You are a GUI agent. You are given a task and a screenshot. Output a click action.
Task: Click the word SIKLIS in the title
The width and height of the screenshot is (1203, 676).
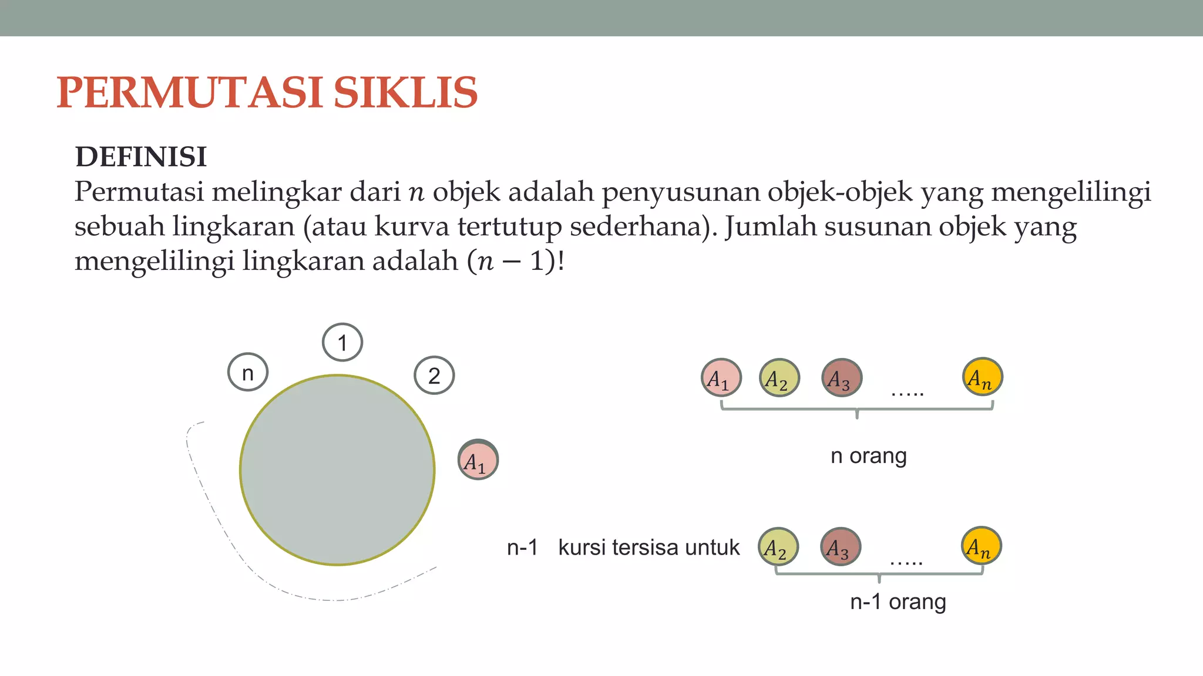[405, 93]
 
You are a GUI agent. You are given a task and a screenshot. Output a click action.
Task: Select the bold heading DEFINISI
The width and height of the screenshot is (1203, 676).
[141, 157]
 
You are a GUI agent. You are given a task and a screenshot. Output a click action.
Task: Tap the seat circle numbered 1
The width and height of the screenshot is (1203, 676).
[342, 342]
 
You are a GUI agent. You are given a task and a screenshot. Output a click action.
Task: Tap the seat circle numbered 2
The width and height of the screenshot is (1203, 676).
[434, 376]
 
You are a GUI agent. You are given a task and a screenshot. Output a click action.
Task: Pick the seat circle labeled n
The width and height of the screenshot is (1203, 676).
[248, 373]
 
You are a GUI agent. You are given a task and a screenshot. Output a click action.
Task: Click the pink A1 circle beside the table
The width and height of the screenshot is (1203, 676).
[478, 460]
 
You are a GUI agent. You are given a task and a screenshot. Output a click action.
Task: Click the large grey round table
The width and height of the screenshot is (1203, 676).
[337, 470]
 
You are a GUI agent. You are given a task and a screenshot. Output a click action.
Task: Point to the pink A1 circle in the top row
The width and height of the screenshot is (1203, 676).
[721, 377]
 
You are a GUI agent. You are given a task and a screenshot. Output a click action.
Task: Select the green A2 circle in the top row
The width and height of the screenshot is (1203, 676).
[779, 378]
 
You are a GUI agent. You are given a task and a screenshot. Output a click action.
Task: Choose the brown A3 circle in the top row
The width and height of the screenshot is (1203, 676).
[842, 378]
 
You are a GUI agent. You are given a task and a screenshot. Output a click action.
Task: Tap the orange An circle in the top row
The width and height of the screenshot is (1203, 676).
[982, 377]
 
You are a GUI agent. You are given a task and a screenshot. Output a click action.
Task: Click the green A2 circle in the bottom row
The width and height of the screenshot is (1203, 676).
[778, 547]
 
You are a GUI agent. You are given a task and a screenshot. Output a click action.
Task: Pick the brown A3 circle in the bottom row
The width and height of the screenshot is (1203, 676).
[841, 547]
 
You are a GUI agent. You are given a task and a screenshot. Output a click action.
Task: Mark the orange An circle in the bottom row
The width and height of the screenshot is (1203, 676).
[981, 546]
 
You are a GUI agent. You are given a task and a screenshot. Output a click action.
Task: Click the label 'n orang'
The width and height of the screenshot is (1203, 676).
[868, 456]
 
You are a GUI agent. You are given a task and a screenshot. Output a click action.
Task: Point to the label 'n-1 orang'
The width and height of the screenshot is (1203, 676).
[898, 602]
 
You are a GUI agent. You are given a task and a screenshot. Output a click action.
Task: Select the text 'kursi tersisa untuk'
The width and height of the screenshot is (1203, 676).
[648, 547]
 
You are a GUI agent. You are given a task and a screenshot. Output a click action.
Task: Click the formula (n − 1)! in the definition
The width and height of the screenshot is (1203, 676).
[515, 261]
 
